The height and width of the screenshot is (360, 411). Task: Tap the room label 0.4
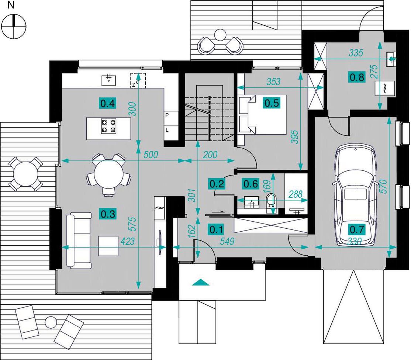108,104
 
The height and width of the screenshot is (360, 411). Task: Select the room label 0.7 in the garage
357,229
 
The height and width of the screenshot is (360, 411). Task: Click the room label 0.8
357,77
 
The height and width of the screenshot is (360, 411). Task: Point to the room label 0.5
272,103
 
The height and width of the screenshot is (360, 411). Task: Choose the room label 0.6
251,184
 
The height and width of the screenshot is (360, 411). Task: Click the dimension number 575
133,224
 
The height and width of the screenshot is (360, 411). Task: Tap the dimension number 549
227,241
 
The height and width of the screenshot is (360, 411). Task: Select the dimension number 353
273,82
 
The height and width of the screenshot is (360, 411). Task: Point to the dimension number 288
296,194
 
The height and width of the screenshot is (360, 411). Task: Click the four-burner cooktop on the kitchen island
108,126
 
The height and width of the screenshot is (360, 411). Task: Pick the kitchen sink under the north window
109,80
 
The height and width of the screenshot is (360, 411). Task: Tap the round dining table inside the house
108,174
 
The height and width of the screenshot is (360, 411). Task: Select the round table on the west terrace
25,174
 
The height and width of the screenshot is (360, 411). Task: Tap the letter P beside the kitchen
167,115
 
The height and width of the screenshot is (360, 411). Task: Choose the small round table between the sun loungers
51,322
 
